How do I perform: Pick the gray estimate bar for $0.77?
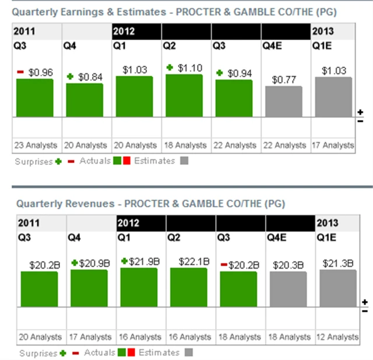point(284,101)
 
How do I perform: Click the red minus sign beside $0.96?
point(20,72)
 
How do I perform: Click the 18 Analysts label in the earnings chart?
point(184,145)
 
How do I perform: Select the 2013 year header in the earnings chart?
point(323,31)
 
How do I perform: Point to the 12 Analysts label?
point(337,337)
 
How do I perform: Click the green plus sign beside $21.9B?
point(124,262)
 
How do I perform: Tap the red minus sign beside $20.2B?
point(223,264)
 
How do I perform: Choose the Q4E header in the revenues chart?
point(276,237)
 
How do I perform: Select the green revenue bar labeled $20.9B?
point(89,288)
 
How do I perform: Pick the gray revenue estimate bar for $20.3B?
point(288,289)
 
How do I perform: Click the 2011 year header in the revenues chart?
point(29,223)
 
